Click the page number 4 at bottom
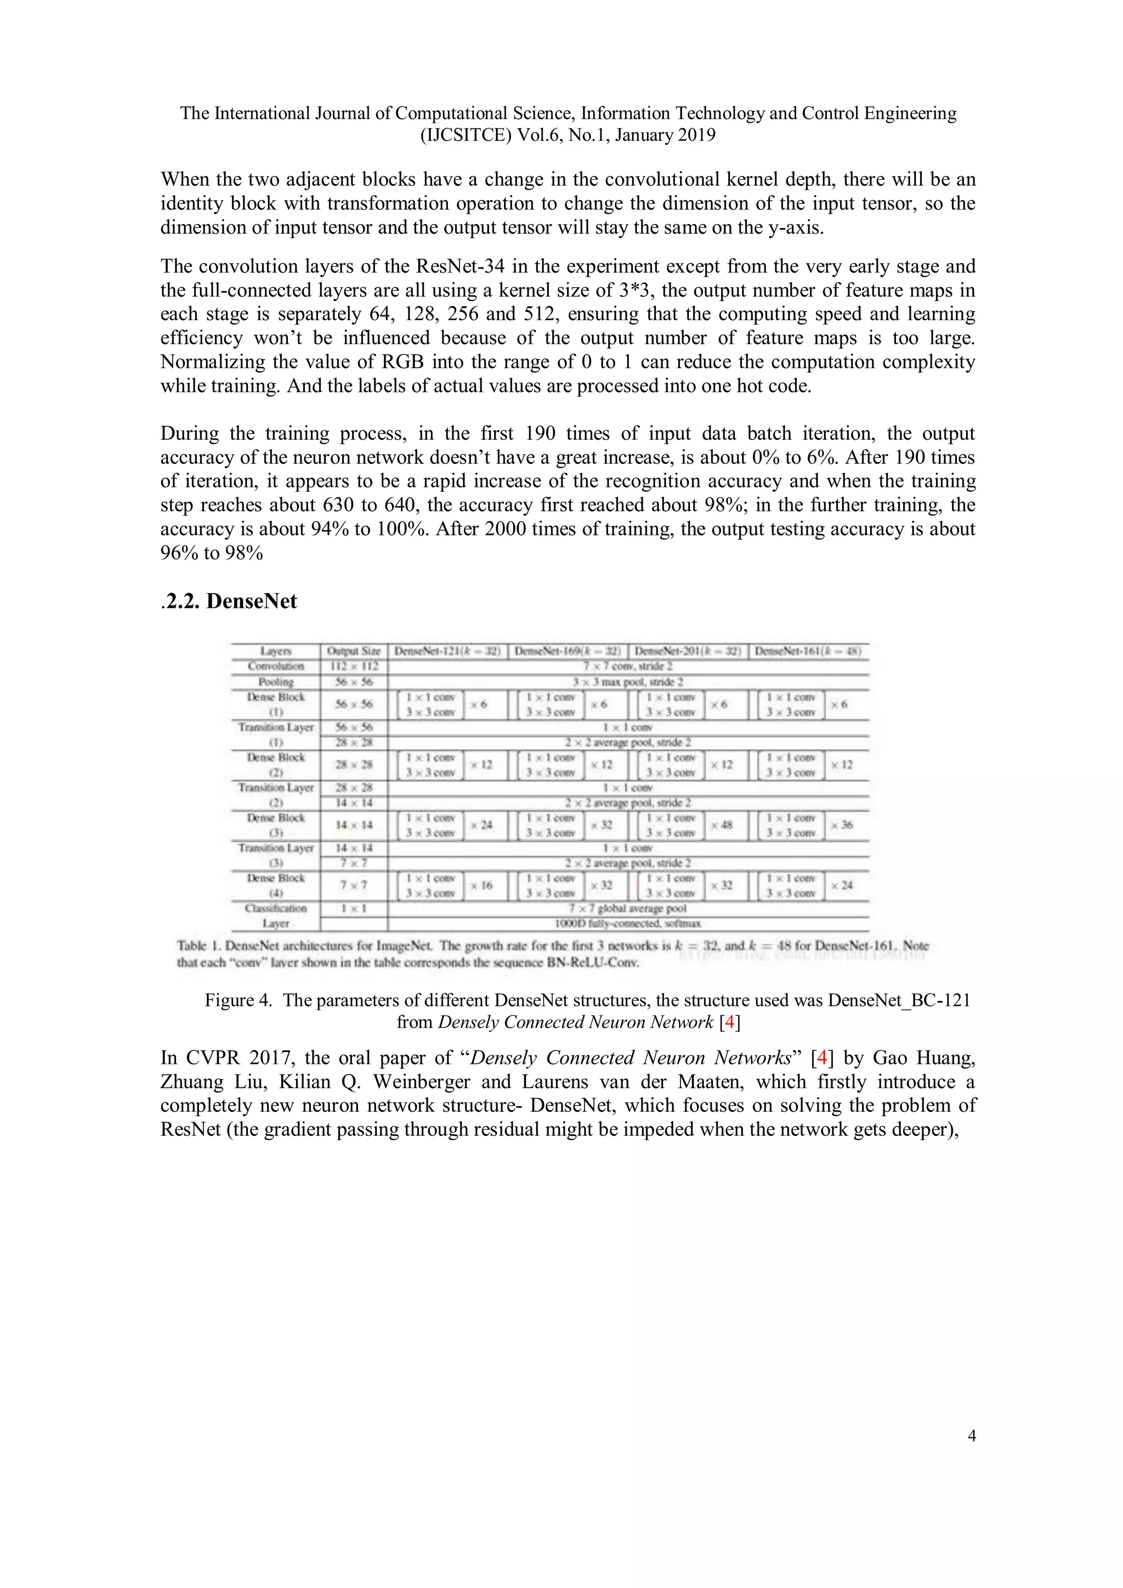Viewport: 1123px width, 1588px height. click(972, 1436)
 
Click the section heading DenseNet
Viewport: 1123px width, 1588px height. click(251, 601)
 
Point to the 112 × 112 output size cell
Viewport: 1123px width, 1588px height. click(354, 667)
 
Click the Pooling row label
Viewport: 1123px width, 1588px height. click(275, 682)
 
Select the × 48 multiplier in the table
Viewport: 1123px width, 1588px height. click(722, 825)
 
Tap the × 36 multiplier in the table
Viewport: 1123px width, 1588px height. click(842, 825)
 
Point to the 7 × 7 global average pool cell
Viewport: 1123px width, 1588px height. click(628, 908)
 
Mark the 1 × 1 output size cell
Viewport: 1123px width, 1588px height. click(354, 908)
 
